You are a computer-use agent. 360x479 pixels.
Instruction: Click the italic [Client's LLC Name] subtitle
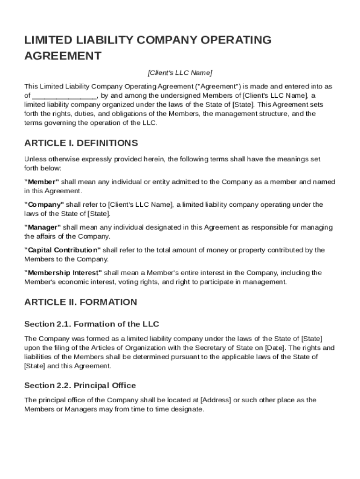coord(180,73)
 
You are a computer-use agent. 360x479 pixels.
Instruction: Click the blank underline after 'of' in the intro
coord(65,96)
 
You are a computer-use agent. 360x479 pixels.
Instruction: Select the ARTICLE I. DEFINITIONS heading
coord(81,143)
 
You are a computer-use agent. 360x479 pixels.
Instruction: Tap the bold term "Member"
coord(42,182)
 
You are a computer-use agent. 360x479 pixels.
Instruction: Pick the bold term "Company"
coord(44,204)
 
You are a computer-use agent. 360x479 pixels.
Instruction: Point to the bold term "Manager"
coord(43,227)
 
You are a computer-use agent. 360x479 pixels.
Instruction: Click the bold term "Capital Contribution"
coord(62,250)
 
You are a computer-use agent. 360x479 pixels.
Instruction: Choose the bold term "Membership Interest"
coord(63,273)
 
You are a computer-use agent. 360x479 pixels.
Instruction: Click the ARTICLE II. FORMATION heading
coord(80,302)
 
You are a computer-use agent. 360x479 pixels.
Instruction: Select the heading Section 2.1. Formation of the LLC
coord(92,324)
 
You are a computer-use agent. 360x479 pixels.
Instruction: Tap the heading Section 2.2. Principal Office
coord(80,385)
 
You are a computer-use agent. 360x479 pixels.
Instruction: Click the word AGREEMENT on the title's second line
coord(63,56)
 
